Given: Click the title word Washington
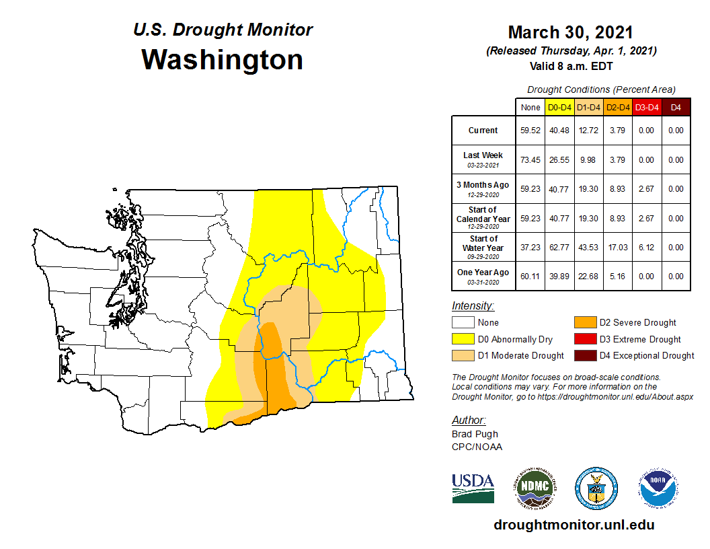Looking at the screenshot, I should coord(222,60).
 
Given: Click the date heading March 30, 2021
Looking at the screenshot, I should coord(570,32).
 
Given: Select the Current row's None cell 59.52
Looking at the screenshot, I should coord(530,131).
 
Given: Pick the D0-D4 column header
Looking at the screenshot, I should coord(559,107).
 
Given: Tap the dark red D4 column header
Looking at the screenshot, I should coord(676,107).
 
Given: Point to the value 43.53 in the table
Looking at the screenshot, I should coord(588,248).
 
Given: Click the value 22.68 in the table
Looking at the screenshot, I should coord(588,277).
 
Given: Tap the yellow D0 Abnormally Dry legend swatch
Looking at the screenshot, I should coord(462,339).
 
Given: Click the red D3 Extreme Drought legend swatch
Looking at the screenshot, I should coord(584,339).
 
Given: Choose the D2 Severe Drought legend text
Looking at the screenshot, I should coord(637,323).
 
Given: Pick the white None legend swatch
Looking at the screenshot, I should coord(462,323).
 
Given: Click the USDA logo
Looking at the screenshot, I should coord(473,488).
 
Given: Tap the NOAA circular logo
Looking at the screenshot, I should coord(658,488).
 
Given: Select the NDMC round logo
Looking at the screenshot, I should coord(535,488).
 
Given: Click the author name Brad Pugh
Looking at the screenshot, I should coord(475,434).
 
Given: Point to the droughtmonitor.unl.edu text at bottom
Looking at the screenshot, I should coord(574,525).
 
